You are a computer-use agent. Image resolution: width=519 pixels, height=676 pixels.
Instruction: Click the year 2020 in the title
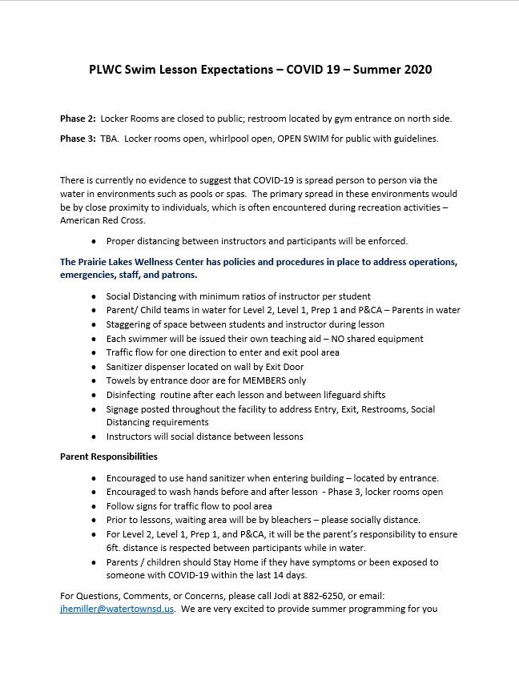(x=416, y=70)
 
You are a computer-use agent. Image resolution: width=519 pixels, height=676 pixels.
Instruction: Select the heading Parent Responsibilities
(x=108, y=457)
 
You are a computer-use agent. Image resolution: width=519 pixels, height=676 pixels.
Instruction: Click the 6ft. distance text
(x=119, y=548)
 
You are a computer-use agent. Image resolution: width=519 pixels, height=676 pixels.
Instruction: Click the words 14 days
(x=289, y=575)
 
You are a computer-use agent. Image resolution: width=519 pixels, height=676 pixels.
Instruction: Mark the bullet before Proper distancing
(x=96, y=241)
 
